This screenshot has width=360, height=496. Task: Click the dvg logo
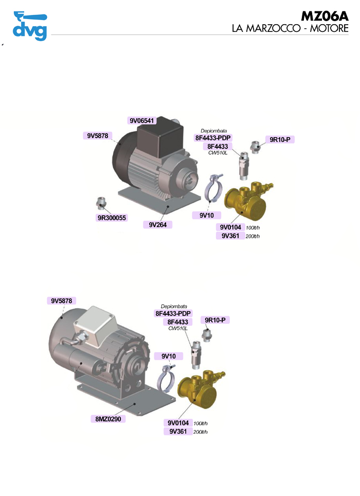30,26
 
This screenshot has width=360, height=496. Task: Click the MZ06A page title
325,16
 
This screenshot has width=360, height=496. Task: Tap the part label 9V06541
141,120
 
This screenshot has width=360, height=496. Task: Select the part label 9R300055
112,217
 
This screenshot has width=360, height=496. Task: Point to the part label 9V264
157,225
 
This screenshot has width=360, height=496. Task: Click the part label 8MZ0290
108,419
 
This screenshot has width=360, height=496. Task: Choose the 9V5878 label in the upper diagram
98,136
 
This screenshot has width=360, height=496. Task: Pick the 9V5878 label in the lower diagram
61,301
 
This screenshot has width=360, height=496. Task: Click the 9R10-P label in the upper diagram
280,139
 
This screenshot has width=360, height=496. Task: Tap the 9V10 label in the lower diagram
169,356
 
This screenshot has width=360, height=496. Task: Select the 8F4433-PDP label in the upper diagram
213,138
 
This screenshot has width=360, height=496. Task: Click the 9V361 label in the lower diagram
178,431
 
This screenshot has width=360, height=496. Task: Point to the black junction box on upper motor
160,137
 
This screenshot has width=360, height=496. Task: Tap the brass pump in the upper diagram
247,200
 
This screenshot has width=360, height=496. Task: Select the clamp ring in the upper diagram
213,188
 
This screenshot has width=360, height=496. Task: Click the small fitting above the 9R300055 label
101,203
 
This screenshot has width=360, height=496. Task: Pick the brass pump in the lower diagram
200,389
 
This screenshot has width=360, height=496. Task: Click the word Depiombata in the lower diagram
174,306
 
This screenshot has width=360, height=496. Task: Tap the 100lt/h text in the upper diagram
253,228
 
